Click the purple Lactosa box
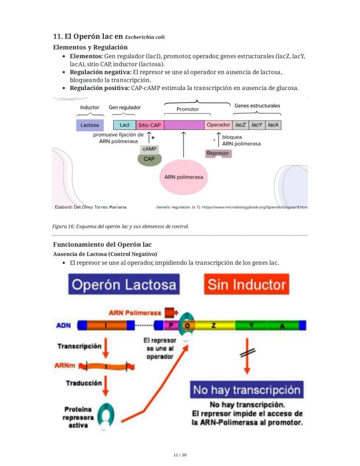90,125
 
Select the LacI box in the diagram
124,125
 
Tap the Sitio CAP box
150,125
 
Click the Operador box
218,125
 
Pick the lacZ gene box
240,125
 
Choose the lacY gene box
257,125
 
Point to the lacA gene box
273,125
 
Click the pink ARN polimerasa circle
183,177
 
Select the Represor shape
218,154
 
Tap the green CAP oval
149,159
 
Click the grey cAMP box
149,149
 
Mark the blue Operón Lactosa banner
124,284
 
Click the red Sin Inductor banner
247,284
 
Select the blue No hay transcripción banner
247,389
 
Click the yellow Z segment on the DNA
213,325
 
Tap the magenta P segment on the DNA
171,325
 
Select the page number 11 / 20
180,455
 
